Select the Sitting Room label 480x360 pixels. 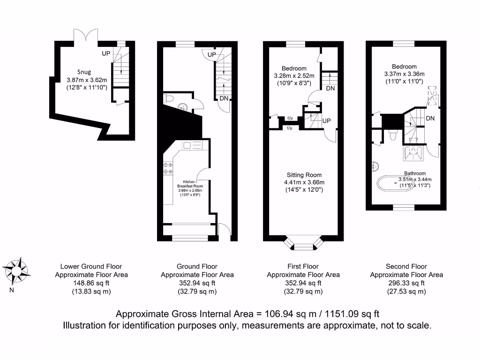click(x=304, y=175)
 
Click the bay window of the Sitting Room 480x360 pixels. click(x=304, y=243)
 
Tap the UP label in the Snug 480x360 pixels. click(x=106, y=53)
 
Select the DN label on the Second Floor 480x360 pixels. click(x=430, y=119)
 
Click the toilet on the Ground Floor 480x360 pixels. click(x=169, y=99)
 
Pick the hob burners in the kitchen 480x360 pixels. click(x=168, y=168)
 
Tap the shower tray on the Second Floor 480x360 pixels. click(x=414, y=151)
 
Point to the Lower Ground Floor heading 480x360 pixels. click(x=91, y=266)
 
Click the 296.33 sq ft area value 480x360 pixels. click(x=406, y=283)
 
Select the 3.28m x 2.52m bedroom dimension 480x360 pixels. click(x=294, y=76)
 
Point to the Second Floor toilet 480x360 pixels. click(x=393, y=135)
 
